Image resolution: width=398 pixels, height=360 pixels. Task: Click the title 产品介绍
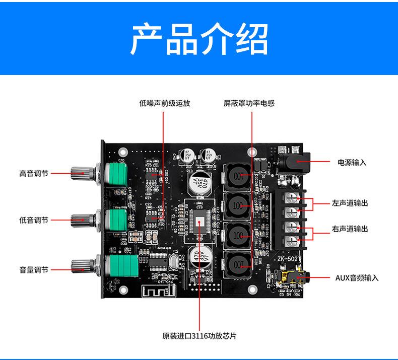click(198, 39)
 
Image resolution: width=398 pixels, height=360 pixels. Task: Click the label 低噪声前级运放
click(164, 104)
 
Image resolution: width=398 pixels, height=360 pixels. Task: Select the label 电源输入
click(352, 163)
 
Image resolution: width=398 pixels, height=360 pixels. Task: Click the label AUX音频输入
click(357, 277)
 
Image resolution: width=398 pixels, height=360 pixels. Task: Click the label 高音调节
click(34, 174)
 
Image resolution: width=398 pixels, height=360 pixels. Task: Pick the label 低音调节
click(34, 220)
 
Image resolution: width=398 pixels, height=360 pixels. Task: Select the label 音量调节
click(34, 270)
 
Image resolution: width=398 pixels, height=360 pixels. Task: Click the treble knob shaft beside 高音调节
click(83, 174)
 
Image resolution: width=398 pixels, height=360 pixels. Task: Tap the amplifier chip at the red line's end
click(200, 222)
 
